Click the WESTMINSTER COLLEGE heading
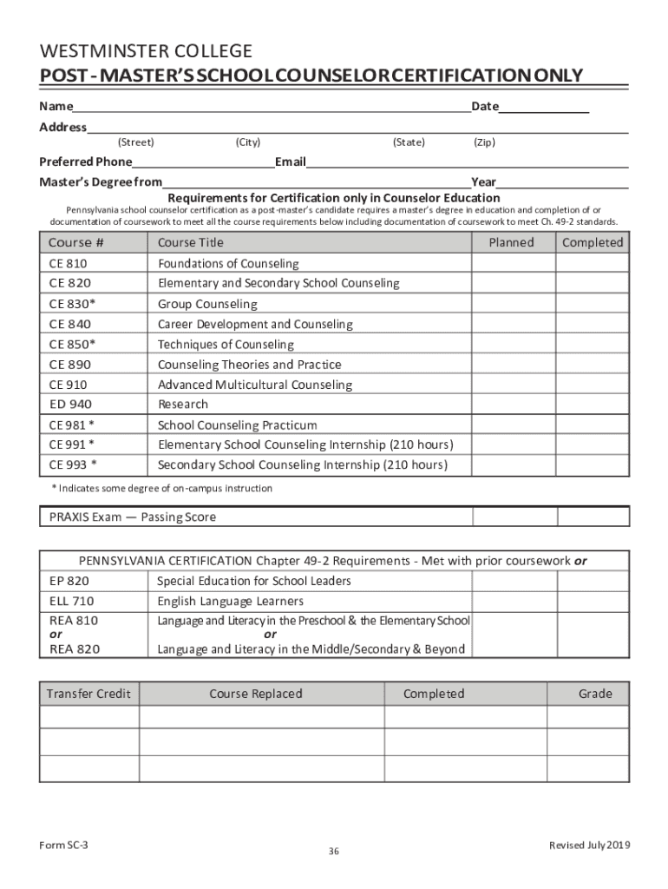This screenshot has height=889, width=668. pos(146,51)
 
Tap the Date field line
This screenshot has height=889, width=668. pos(544,108)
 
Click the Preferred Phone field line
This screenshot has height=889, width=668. pos(203,162)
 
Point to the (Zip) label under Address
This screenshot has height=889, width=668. pos(484,142)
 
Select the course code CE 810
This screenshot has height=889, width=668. pos(69,264)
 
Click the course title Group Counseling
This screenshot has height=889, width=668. pos(207,305)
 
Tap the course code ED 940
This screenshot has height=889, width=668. pos(70,405)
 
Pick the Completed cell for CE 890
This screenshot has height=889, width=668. pos(593,365)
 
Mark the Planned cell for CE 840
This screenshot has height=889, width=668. pos(512,325)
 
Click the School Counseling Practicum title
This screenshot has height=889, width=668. pos(237,425)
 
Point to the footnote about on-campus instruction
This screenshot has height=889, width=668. pos(162,489)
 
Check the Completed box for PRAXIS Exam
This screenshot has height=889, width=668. pos(593,517)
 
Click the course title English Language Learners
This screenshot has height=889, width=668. pos(230,602)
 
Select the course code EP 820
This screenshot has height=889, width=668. pos(69,582)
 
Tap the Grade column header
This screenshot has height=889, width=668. pos(595,694)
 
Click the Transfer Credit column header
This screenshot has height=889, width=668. pos(88,694)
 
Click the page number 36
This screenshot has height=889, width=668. pos(333,852)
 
